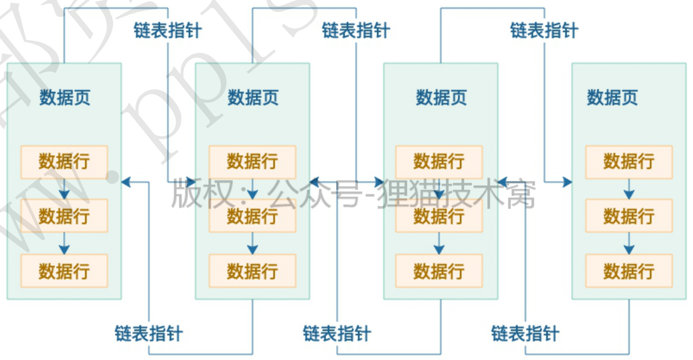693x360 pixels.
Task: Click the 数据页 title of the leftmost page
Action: [x=65, y=98]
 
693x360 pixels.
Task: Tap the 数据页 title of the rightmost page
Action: [x=612, y=98]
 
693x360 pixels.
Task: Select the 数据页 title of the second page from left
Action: [x=253, y=98]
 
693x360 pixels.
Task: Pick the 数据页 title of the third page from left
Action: [x=441, y=98]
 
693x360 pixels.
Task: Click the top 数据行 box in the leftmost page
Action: [x=64, y=162]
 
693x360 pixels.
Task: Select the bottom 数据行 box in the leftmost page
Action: [x=64, y=271]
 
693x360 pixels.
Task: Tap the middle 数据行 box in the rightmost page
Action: [x=629, y=216]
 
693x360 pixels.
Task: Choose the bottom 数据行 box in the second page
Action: [x=252, y=271]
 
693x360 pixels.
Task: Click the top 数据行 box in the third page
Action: [x=439, y=162]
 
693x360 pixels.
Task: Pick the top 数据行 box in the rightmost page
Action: [x=629, y=162]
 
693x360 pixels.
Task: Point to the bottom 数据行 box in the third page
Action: [x=439, y=271]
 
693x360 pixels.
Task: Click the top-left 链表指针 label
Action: [x=168, y=30]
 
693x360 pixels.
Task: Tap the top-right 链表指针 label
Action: [x=544, y=30]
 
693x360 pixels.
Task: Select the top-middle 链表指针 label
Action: [x=356, y=30]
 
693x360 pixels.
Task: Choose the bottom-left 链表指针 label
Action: [x=149, y=333]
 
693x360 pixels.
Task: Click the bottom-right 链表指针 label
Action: [x=525, y=333]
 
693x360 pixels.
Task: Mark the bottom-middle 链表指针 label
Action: [x=337, y=333]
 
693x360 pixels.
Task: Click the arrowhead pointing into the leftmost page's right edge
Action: [x=126, y=182]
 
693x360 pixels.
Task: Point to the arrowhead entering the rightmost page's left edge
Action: [x=567, y=182]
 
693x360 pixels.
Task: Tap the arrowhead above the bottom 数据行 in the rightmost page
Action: [x=629, y=249]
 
